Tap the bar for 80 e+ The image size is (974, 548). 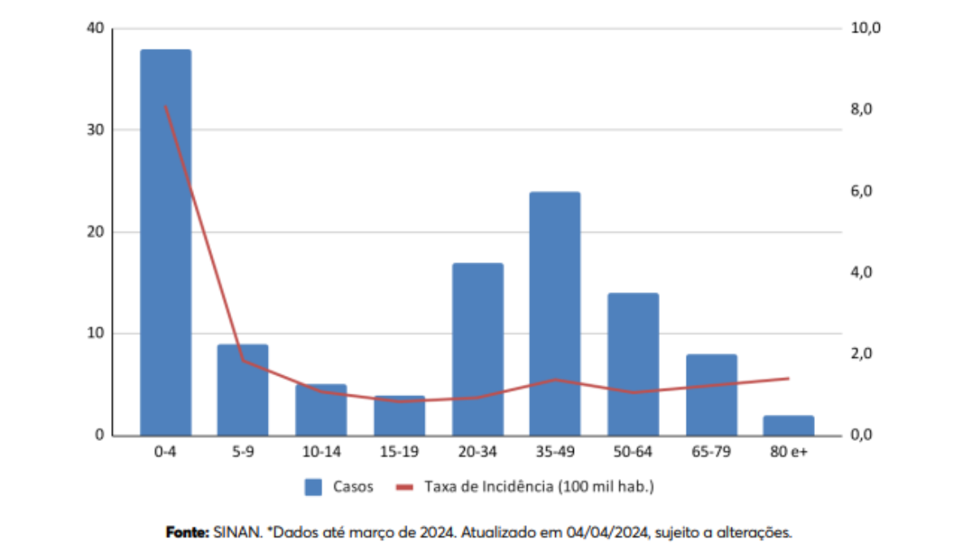pos(788,425)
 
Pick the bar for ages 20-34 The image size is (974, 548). pos(477,349)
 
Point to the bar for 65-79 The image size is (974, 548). pos(711,395)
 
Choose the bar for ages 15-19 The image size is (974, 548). pos(399,415)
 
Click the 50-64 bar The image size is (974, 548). pos(633,364)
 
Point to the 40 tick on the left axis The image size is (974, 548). pos(96,28)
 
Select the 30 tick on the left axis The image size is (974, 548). pos(96,130)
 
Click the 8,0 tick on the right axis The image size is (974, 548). pos(861,110)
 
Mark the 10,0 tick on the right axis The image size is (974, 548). pos(864,28)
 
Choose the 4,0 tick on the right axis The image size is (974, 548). pos(861,272)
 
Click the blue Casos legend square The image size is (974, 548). pos(314,487)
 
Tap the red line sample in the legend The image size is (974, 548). pos(405,487)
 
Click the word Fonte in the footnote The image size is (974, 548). pos(187,533)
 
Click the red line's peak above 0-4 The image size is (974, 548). pos(166,106)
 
